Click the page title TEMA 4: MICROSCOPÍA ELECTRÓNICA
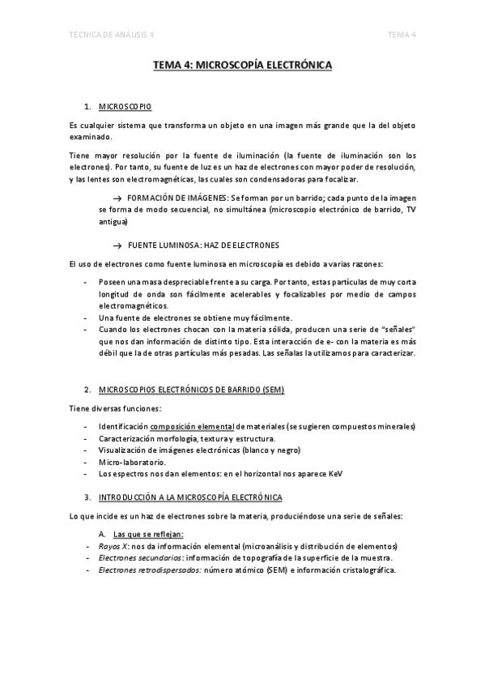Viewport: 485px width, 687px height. [243, 70]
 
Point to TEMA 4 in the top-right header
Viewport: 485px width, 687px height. [402, 34]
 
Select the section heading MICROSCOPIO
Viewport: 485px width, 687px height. [125, 107]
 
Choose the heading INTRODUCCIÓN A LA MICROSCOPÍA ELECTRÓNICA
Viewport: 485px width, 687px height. [189, 496]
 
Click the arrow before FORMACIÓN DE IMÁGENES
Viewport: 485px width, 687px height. [117, 198]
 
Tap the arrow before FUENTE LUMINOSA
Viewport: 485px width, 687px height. [117, 245]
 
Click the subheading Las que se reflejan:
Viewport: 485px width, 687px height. [149, 534]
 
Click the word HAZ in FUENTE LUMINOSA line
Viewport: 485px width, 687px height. [214, 245]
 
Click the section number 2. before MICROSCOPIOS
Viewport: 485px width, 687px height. [87, 390]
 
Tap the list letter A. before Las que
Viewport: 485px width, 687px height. [102, 534]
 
